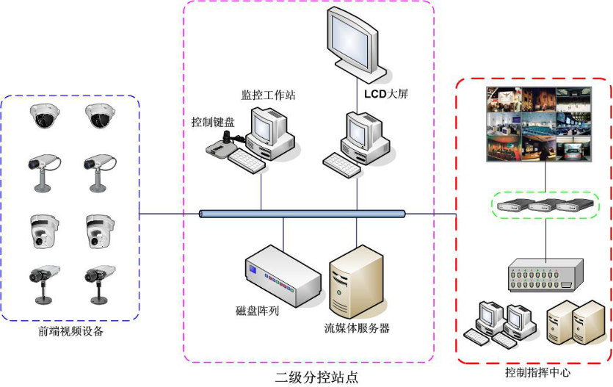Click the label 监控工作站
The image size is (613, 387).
(269, 95)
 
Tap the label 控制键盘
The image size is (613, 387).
(213, 122)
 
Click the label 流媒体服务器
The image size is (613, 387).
(357, 328)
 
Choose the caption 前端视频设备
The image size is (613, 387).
(71, 331)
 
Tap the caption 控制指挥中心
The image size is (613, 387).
(537, 372)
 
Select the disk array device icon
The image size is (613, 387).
(284, 274)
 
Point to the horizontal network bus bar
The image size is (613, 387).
(302, 214)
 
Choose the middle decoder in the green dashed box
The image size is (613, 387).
(545, 206)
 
